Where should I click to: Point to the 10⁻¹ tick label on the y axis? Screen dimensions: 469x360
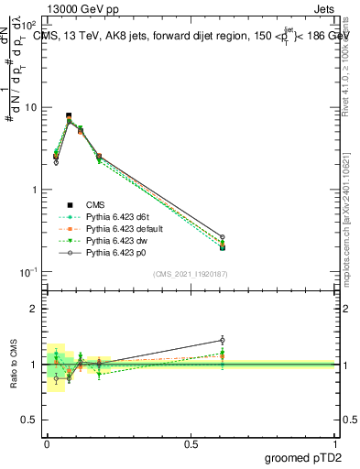click(x=30, y=272)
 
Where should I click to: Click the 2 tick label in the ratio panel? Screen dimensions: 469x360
click(x=35, y=309)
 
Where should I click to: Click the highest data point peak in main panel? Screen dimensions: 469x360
click(x=69, y=116)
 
